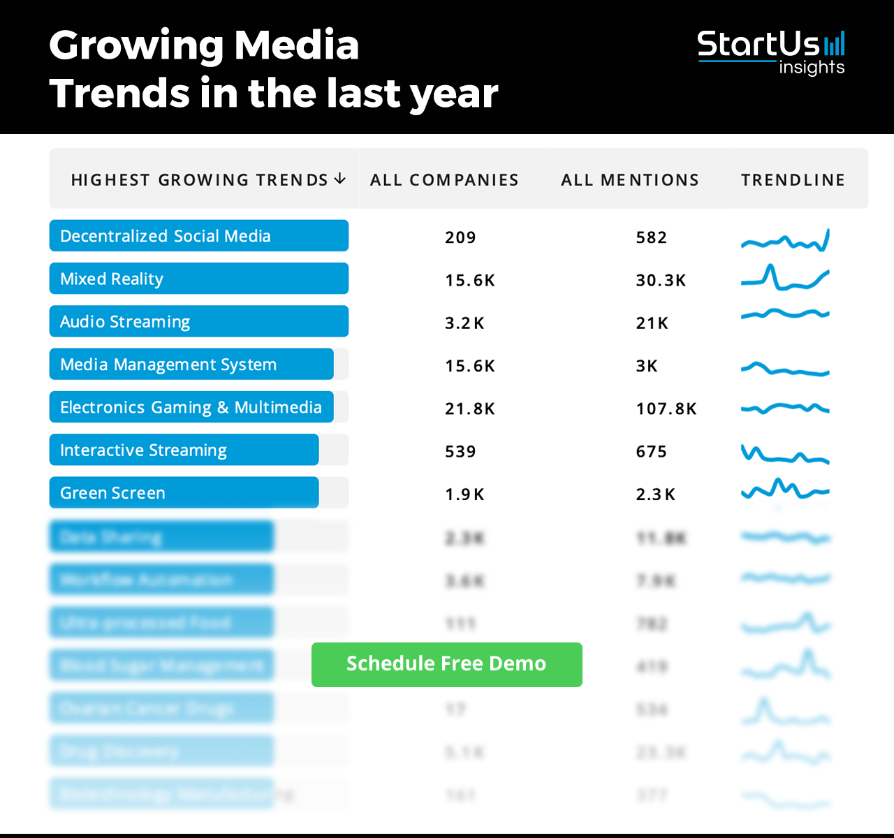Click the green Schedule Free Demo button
pyautogui.click(x=446, y=664)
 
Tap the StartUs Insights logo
pyautogui.click(x=771, y=52)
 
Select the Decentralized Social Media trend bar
pyautogui.click(x=199, y=236)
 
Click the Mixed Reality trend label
pyautogui.click(x=112, y=279)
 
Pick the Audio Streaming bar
pyautogui.click(x=199, y=322)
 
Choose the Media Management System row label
pyautogui.click(x=168, y=365)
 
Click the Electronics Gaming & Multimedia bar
pyautogui.click(x=191, y=408)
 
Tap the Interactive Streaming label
pyautogui.click(x=143, y=450)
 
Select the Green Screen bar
pyautogui.click(x=184, y=493)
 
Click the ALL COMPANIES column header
pyautogui.click(x=444, y=180)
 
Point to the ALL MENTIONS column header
pyautogui.click(x=630, y=180)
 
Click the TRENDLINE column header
pyautogui.click(x=793, y=180)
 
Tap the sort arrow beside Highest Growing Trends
pyautogui.click(x=340, y=179)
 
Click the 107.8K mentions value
pyautogui.click(x=666, y=409)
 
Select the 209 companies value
pyautogui.click(x=460, y=238)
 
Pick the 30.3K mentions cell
pyautogui.click(x=661, y=281)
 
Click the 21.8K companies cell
pyautogui.click(x=470, y=409)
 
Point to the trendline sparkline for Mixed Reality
pyautogui.click(x=785, y=279)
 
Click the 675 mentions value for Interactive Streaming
pyautogui.click(x=651, y=452)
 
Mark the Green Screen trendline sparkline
pyautogui.click(x=785, y=490)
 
